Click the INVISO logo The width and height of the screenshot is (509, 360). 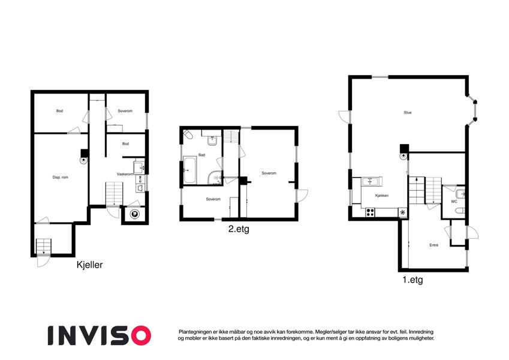click(100, 335)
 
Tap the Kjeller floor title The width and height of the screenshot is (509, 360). click(89, 265)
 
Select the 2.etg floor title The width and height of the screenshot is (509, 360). click(239, 229)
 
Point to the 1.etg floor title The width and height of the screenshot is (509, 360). click(412, 280)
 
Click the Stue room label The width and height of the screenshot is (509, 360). click(408, 112)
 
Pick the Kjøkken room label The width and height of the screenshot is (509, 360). click(382, 196)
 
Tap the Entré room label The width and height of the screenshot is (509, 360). click(434, 245)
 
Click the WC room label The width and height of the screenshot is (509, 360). click(454, 202)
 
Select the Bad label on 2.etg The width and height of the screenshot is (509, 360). click(201, 155)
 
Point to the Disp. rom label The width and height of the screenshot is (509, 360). click(61, 178)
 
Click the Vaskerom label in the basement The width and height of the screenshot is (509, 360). click(125, 174)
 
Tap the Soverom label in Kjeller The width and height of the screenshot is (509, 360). click(125, 111)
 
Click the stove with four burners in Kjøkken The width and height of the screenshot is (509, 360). click(370, 212)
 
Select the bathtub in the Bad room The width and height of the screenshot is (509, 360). click(189, 170)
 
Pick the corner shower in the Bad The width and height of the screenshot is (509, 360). click(215, 178)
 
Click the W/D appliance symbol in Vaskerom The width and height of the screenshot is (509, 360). click(139, 179)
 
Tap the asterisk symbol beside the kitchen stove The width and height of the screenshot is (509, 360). click(402, 212)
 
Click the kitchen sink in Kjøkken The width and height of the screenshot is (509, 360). click(370, 181)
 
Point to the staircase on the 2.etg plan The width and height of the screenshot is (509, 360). click(231, 136)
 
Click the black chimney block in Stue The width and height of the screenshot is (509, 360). click(404, 148)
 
